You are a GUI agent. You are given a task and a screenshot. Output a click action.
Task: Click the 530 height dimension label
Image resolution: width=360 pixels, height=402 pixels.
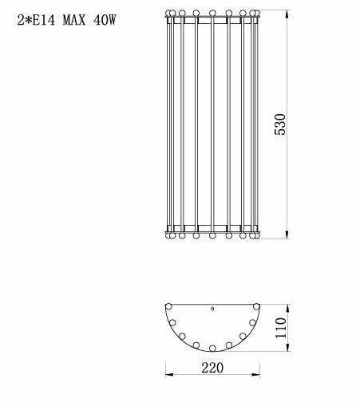[x=280, y=124]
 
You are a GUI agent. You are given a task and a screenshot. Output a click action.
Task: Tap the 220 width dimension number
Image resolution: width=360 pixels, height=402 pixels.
[x=212, y=368]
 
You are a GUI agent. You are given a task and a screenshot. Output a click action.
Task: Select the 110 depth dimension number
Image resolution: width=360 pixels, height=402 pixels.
[x=281, y=328]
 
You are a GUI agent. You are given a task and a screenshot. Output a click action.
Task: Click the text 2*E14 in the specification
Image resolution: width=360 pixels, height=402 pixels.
[x=36, y=20]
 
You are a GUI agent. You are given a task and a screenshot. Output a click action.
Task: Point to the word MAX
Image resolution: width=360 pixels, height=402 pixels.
[x=74, y=20]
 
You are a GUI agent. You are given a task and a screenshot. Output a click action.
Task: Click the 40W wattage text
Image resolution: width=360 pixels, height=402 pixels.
[x=105, y=20]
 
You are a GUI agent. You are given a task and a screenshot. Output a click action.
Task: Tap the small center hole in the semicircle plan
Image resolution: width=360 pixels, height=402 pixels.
[x=212, y=309]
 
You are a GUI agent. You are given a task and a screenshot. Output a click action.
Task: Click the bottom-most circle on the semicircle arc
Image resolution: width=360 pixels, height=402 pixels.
[x=212, y=348]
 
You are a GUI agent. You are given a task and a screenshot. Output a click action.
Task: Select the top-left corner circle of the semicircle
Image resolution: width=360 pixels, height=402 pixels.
[x=168, y=307]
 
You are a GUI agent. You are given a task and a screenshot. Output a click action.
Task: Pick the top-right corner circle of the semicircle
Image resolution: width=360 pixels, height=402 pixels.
[x=256, y=307]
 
